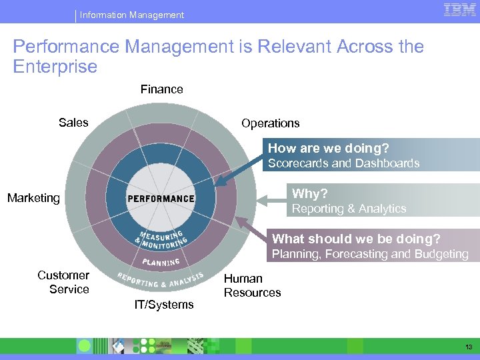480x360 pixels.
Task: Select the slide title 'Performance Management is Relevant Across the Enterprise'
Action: [218, 57]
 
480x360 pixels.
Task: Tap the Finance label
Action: [161, 89]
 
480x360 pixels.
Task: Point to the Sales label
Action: [73, 122]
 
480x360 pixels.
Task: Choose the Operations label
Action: [270, 123]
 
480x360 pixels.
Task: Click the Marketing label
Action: [33, 198]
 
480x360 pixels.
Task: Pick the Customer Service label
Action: [63, 282]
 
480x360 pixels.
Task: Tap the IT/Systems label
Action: [164, 305]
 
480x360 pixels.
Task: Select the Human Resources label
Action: [252, 285]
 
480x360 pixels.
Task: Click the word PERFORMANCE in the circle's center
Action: [161, 199]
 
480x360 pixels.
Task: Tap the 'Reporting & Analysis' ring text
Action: [160, 280]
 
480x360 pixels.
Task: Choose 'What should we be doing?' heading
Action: [357, 239]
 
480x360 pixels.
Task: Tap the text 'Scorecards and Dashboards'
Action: [343, 163]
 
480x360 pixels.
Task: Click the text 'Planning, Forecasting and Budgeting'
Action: [370, 254]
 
